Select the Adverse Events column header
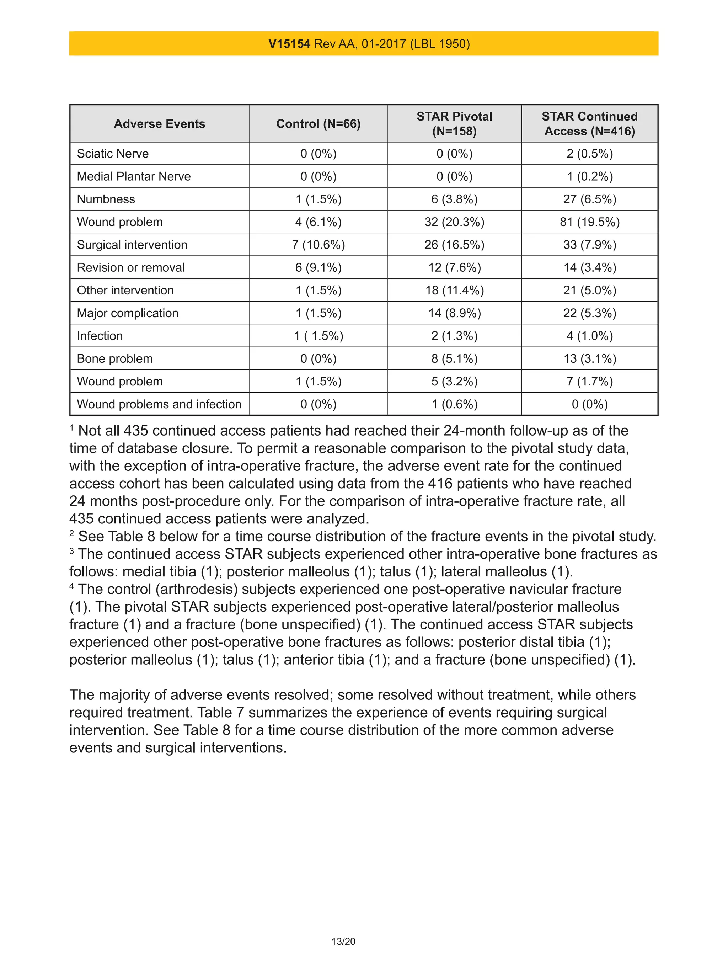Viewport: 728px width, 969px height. click(160, 124)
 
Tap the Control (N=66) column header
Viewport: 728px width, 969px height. click(318, 124)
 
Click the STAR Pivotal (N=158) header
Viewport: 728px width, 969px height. click(454, 124)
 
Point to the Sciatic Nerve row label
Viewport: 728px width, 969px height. click(113, 154)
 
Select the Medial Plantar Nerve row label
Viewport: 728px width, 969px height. click(134, 176)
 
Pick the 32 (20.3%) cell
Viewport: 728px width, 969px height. click(454, 222)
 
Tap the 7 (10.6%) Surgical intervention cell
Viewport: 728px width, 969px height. click(318, 245)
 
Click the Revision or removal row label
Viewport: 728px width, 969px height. click(130, 268)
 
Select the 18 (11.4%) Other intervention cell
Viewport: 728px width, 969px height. click(454, 291)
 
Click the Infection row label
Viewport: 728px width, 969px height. click(100, 336)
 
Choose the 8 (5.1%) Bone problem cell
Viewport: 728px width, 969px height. click(454, 359)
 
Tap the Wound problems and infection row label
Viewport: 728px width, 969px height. click(159, 404)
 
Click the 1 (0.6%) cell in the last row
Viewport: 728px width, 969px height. click(454, 404)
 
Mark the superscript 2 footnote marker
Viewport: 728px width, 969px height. click(71, 533)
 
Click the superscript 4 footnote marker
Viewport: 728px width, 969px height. click(71, 586)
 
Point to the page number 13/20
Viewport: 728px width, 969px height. click(343, 941)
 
